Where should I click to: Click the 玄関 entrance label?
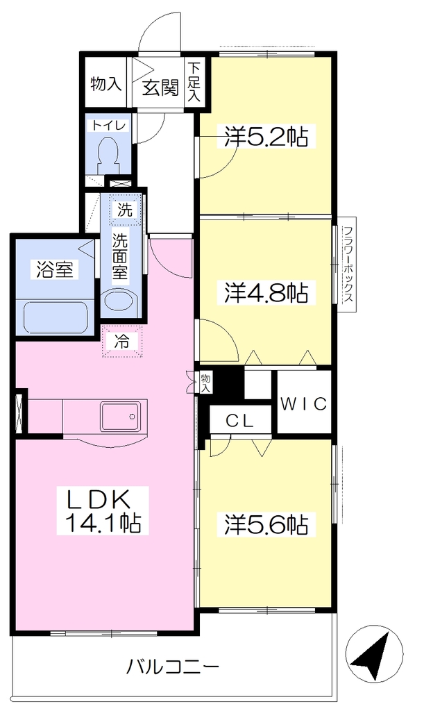coord(160,87)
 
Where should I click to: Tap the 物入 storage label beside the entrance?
coord(106,83)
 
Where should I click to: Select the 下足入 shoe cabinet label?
coord(194,82)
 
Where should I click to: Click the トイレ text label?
coord(109,125)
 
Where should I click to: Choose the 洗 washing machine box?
coord(125,209)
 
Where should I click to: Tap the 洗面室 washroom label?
coord(121,257)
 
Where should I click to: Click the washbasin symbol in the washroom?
coord(119,300)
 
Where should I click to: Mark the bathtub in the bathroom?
coord(56,317)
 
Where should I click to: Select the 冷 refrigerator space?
coord(122,342)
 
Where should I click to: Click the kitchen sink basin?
coord(120,416)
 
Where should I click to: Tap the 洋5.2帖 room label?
coord(266,136)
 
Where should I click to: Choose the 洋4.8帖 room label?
coord(266,292)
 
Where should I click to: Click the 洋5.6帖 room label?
coord(266,525)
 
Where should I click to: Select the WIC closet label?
coord(303,403)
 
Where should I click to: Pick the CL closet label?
coord(239,421)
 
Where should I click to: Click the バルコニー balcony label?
coord(173,667)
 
